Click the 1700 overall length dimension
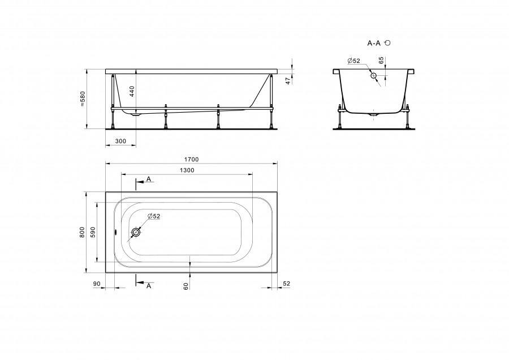click(x=191, y=160)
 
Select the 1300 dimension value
click(x=187, y=170)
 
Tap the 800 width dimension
click(x=83, y=232)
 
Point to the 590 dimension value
click(x=93, y=232)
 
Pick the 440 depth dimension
click(x=132, y=92)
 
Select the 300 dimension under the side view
click(x=121, y=141)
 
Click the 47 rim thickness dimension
click(x=288, y=81)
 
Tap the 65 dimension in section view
click(x=381, y=60)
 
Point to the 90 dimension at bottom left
click(x=97, y=284)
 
